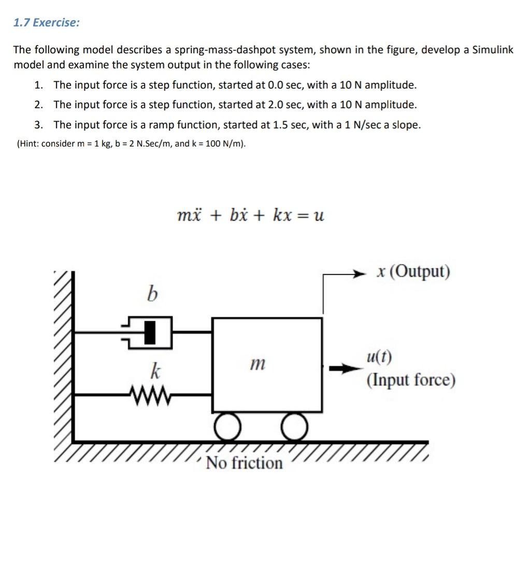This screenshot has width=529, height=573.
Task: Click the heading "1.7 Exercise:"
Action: pyautogui.click(x=47, y=23)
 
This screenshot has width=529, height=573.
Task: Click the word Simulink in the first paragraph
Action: pyautogui.click(x=493, y=50)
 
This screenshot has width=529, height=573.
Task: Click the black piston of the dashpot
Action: pyautogui.click(x=150, y=332)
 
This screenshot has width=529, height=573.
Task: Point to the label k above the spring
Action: pyautogui.click(x=154, y=371)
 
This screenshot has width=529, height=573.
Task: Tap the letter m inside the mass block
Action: pyautogui.click(x=257, y=365)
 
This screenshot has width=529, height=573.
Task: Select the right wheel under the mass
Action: pyautogui.click(x=295, y=427)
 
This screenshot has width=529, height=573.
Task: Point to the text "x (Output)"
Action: pyautogui.click(x=414, y=272)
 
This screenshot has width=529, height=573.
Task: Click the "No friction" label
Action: pyautogui.click(x=245, y=462)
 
